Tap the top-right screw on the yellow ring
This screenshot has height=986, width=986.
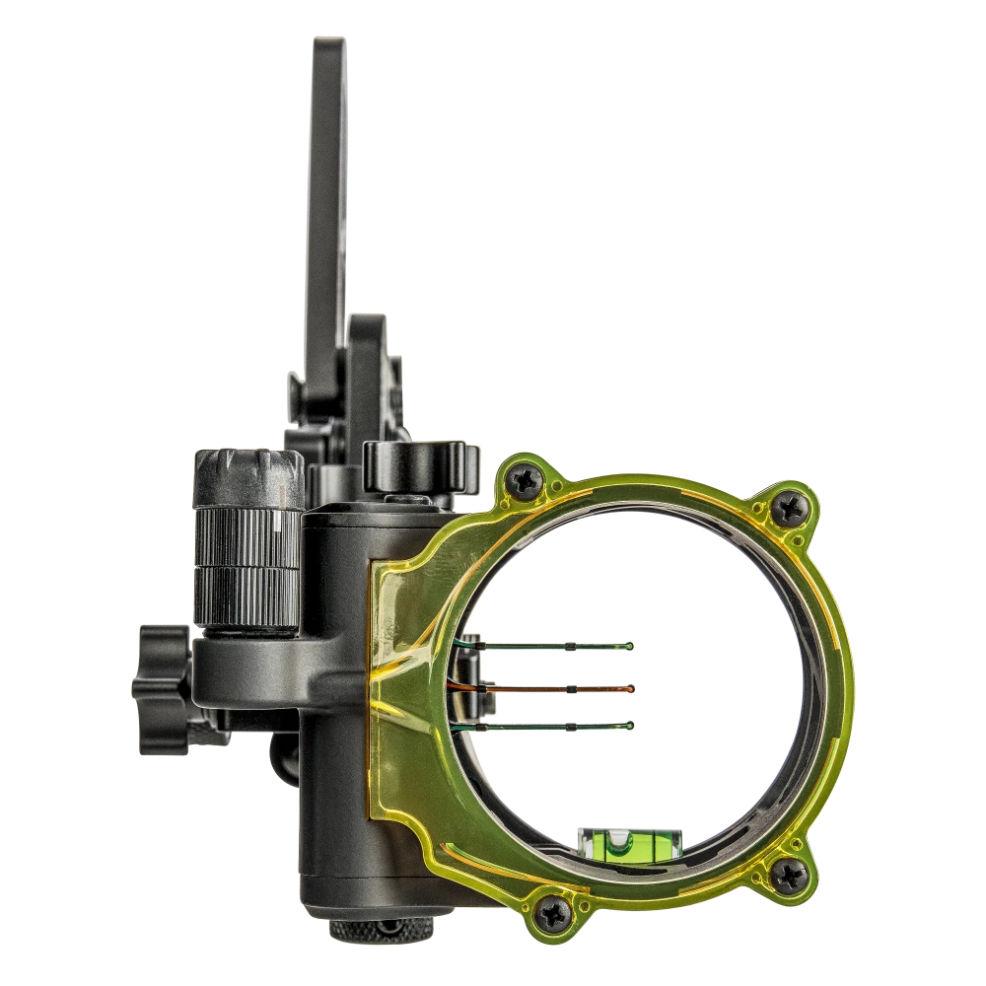790,507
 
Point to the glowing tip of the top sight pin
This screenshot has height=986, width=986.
630,647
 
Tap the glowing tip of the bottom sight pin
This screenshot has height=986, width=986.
630,726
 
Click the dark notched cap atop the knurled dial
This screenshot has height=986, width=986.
247,475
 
